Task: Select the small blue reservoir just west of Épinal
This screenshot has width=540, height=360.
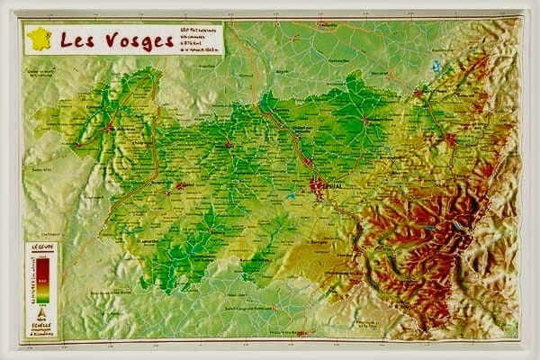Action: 291,194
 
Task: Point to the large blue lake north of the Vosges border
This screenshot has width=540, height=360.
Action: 436,66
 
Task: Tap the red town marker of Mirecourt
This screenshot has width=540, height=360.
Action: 229,143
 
